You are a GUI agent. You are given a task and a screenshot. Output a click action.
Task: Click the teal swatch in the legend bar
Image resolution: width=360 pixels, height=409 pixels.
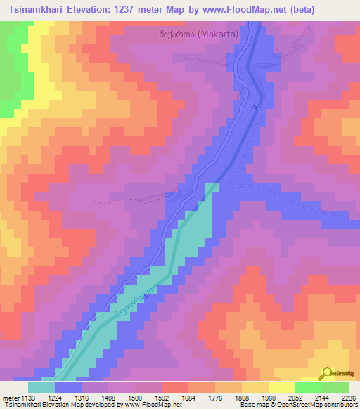(41, 387)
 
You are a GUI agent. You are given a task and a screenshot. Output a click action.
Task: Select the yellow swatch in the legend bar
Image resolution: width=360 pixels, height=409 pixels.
(282, 387)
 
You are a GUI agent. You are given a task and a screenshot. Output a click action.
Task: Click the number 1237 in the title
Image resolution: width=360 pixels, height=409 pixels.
(145, 9)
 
